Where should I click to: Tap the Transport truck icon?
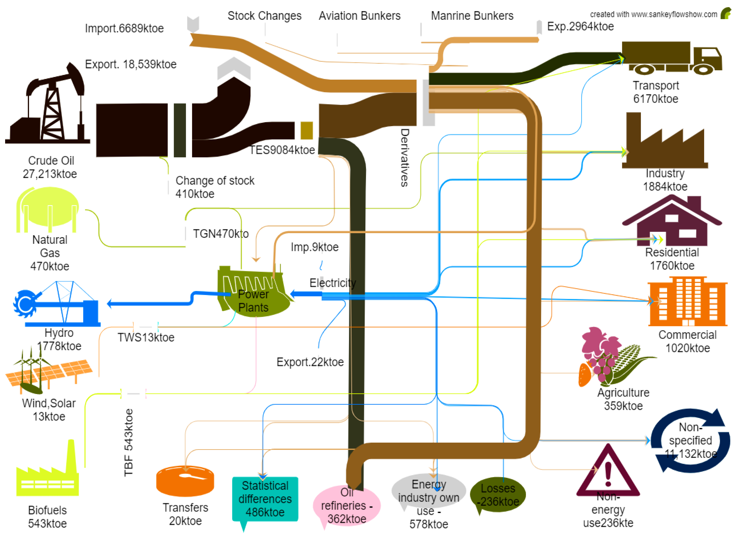click(x=672, y=58)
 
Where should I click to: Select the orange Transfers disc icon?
click(x=185, y=481)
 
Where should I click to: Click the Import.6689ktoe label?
click(x=124, y=28)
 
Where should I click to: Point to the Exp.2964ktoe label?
click(x=580, y=26)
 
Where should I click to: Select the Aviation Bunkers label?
click(x=360, y=16)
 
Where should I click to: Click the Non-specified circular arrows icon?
click(x=691, y=441)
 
